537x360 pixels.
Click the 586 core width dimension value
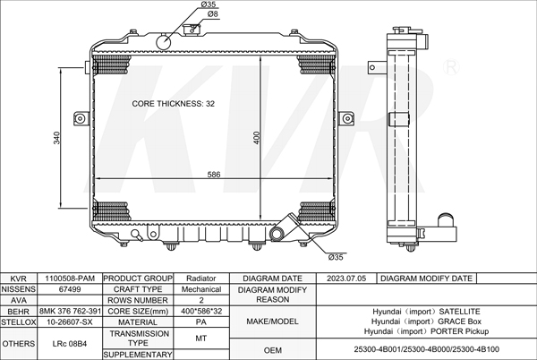coord(214,175)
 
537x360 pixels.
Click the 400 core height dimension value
coord(257,138)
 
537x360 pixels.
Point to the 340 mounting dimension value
coord(57,138)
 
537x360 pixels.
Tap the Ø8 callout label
coord(212,14)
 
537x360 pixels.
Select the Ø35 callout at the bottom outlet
coord(336,257)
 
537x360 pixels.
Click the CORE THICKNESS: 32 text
coord(174,104)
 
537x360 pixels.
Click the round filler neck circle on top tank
coord(164,42)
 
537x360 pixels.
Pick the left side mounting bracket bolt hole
coord(81,118)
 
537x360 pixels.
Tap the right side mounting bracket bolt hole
coord(347,118)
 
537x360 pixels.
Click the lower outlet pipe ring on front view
coord(277,234)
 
